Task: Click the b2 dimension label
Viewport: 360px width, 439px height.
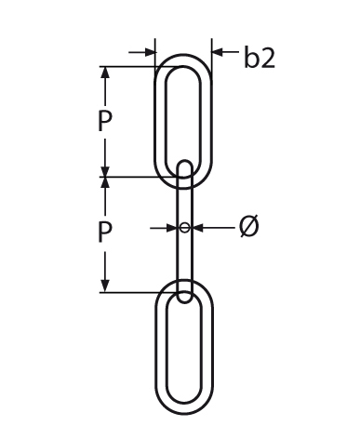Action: tap(260, 57)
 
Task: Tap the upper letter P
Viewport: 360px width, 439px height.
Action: tap(104, 121)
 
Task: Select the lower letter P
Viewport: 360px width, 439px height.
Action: tap(104, 232)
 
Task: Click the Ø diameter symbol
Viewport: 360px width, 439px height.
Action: tap(249, 226)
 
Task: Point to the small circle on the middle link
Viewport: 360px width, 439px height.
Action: tap(184, 228)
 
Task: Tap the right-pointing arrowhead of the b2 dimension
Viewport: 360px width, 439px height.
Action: tap(149, 52)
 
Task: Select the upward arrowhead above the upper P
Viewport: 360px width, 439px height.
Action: tap(105, 73)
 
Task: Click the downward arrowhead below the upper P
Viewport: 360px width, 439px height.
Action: tap(105, 170)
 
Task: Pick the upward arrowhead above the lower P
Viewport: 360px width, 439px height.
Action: tap(105, 183)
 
